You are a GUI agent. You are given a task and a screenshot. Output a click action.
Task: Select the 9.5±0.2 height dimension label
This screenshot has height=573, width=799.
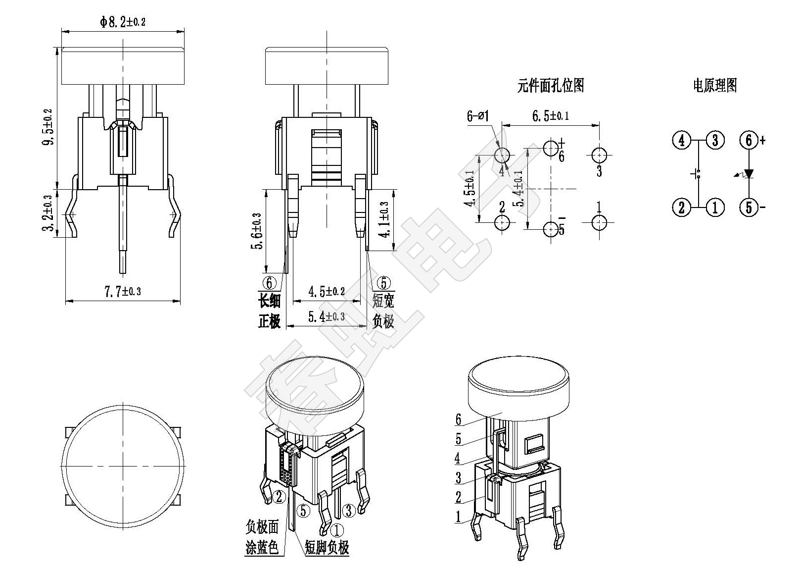tap(47, 127)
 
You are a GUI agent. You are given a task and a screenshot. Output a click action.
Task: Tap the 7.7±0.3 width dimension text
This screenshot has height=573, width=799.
tap(123, 291)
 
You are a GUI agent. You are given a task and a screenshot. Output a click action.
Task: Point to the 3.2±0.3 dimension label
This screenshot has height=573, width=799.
tap(47, 213)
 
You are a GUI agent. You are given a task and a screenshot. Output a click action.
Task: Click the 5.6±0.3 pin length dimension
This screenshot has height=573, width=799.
tap(258, 231)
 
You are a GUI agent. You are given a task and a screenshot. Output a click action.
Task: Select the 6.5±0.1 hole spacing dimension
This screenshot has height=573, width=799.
tap(550, 116)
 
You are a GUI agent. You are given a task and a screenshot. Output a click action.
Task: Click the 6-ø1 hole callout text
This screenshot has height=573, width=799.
tap(478, 116)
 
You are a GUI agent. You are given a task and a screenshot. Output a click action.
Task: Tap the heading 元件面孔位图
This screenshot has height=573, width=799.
tap(550, 86)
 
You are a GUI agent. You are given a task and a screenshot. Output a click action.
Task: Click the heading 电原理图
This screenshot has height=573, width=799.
tap(715, 86)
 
